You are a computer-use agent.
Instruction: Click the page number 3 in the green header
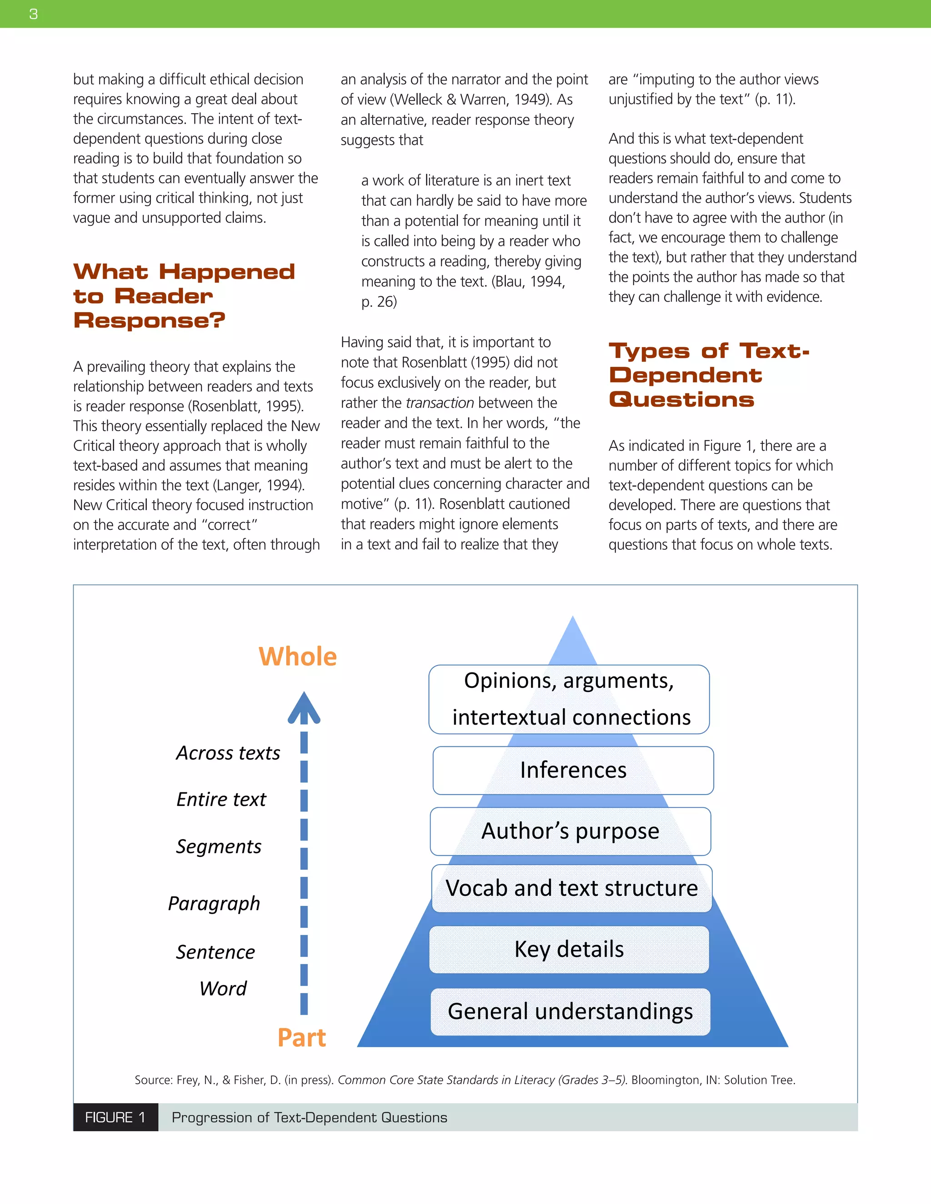pos(34,14)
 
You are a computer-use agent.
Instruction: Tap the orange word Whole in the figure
pos(297,657)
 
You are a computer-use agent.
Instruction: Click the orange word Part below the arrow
pos(302,1038)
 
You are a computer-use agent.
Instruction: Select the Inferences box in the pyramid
pos(573,770)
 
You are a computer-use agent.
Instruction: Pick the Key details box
pos(569,949)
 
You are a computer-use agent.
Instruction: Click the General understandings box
pos(571,1012)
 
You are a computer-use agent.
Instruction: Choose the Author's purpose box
pos(571,831)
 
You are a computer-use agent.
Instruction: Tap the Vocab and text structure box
pos(572,888)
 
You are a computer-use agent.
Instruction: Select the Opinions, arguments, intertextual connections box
pos(569,699)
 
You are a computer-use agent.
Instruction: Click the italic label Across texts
pos(228,753)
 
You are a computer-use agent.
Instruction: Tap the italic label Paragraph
pos(214,904)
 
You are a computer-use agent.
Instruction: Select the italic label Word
pos(223,989)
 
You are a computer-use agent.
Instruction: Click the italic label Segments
pos(218,846)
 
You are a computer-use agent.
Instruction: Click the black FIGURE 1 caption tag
pos(115,1118)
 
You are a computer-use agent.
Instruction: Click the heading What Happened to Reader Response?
pos(184,296)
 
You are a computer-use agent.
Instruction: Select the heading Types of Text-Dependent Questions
pos(709,375)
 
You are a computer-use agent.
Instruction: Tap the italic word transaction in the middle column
pos(440,403)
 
